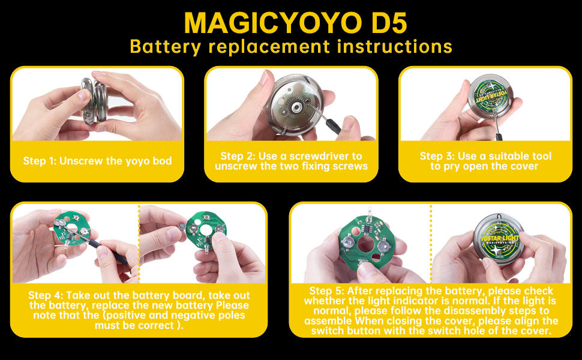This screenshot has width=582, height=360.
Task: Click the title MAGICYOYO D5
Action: [295, 23]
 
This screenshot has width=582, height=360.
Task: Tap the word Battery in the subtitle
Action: [165, 47]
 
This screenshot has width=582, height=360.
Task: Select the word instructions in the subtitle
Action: [395, 46]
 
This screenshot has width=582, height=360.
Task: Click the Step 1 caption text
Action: [97, 161]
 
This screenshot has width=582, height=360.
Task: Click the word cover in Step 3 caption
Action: [523, 166]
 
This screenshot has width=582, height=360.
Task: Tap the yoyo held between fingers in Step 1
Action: [95, 100]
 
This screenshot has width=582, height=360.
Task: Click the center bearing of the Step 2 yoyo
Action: [296, 107]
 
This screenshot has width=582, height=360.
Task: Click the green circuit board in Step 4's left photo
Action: [71, 230]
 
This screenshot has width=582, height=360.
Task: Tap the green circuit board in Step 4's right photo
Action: [206, 231]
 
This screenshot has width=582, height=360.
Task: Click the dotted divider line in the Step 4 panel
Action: [139, 244]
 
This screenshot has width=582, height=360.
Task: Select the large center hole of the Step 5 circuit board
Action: [366, 244]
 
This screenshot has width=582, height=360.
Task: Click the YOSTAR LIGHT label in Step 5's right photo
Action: [500, 238]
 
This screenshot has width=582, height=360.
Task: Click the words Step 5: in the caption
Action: [326, 291]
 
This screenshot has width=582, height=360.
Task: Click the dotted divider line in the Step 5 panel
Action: [431, 244]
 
